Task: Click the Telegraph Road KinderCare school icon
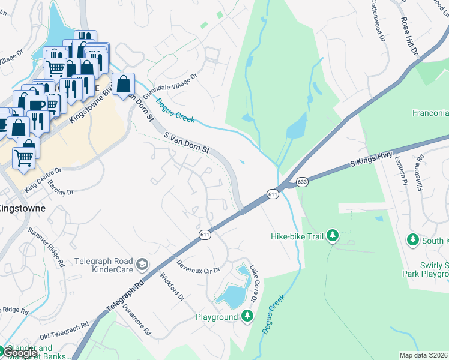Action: click(x=142, y=265)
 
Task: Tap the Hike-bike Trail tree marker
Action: click(x=332, y=236)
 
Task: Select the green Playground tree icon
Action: click(x=247, y=316)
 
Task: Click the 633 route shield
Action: click(x=302, y=182)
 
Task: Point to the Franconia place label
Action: click(x=430, y=113)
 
